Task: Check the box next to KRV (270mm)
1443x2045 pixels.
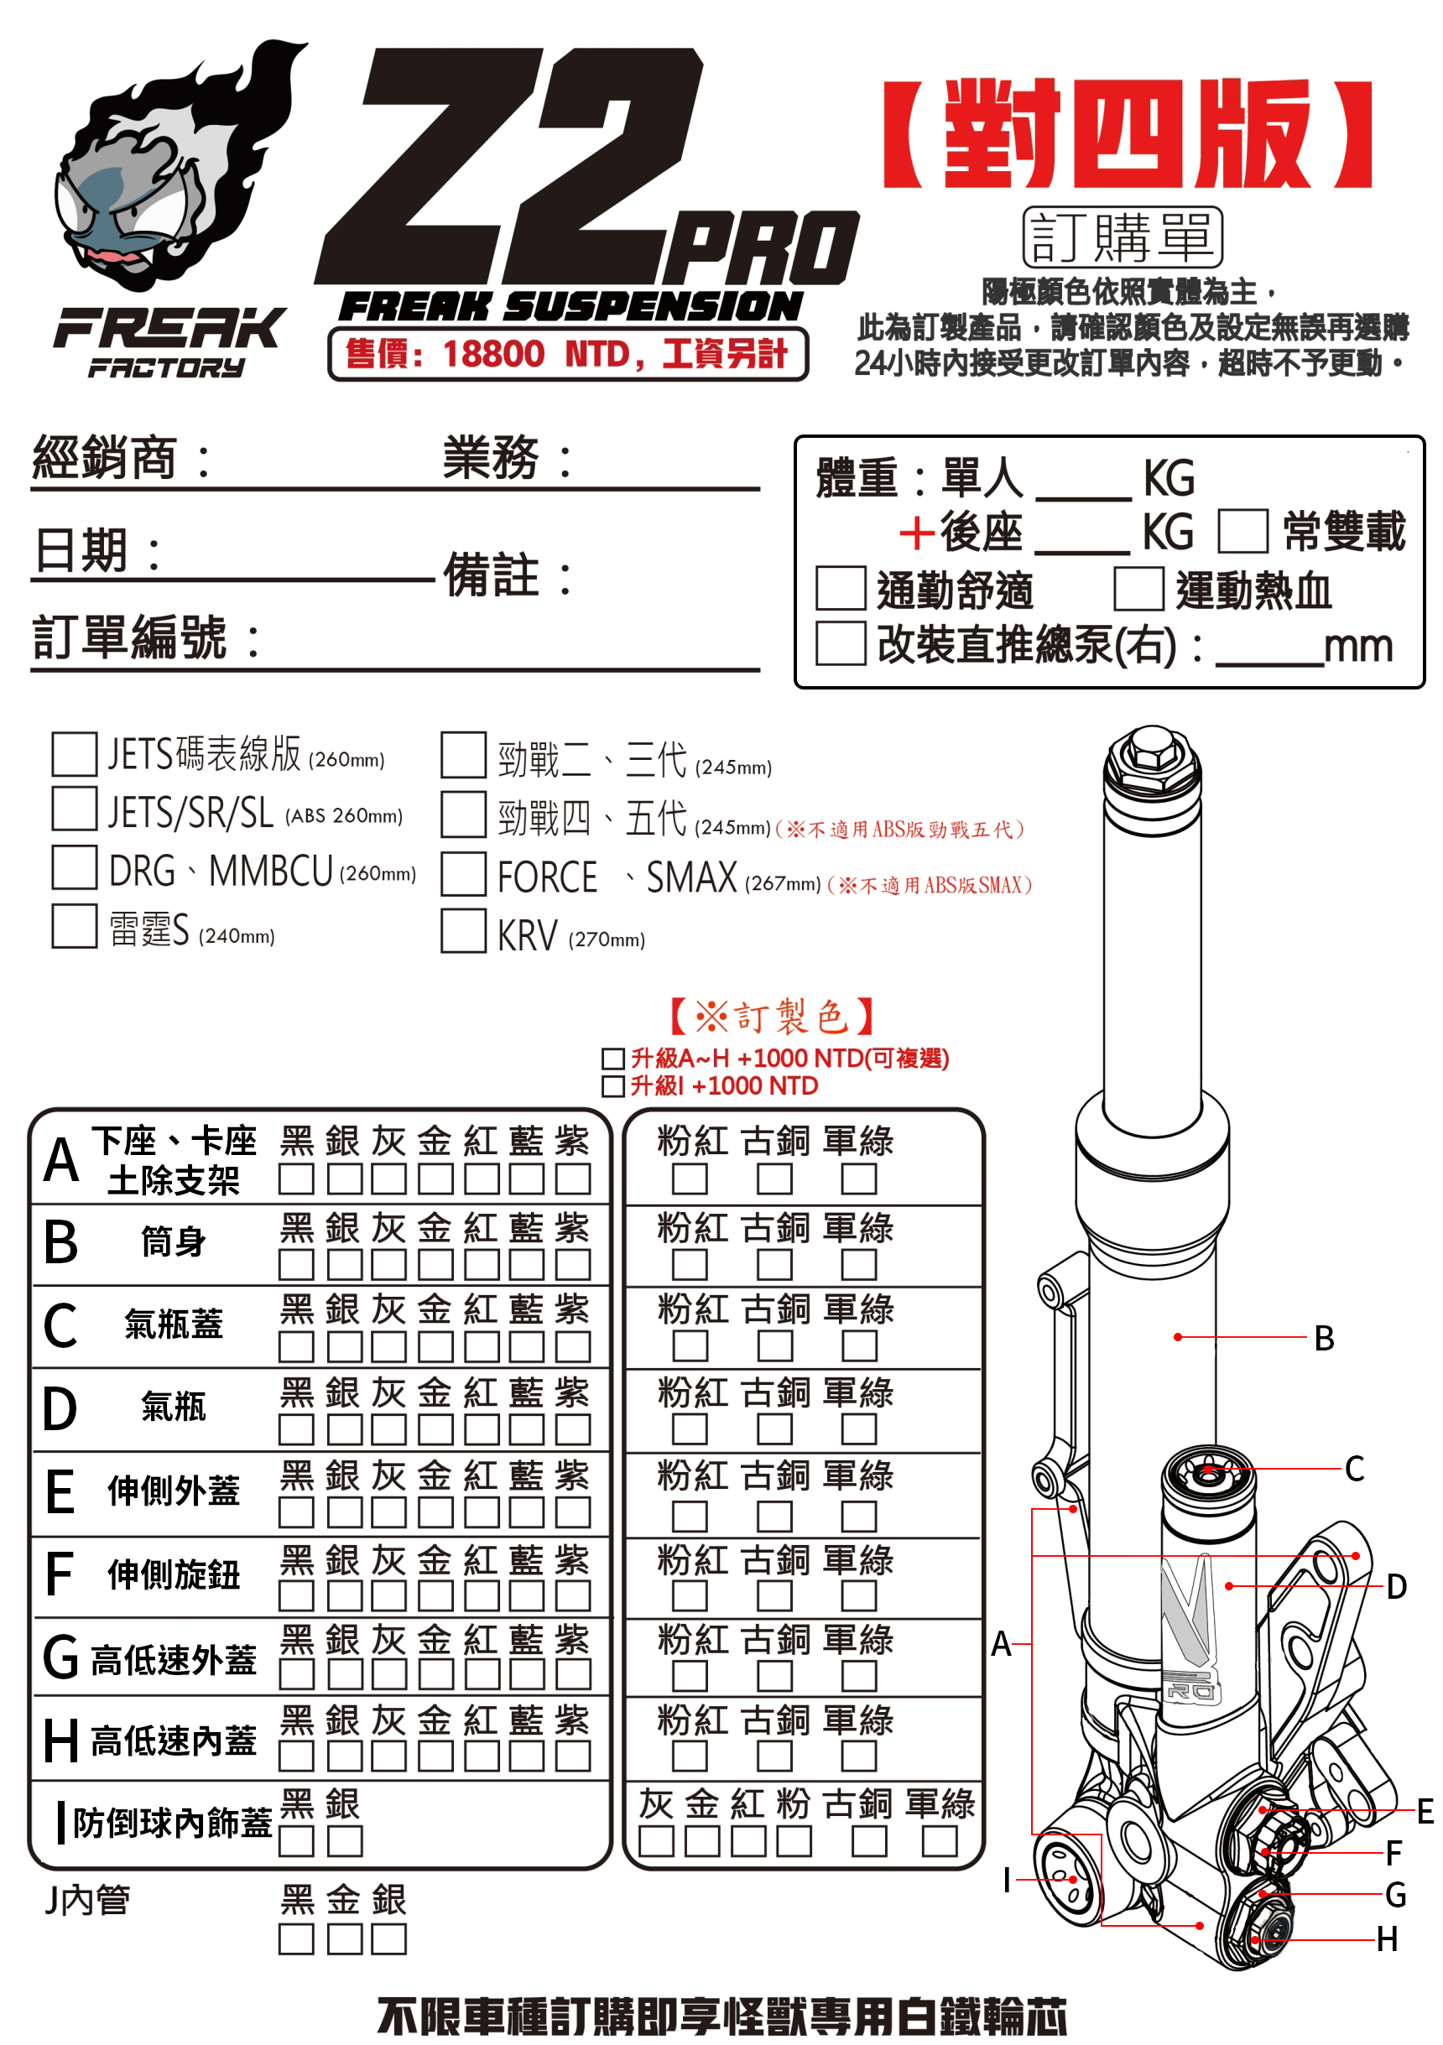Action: click(x=463, y=931)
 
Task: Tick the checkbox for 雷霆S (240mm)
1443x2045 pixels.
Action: click(x=75, y=926)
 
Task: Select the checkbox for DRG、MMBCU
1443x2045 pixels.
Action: click(x=75, y=867)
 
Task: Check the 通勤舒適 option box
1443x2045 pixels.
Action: click(x=841, y=589)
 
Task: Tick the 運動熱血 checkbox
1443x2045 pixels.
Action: click(x=1138, y=589)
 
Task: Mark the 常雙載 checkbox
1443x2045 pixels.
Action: click(x=1242, y=531)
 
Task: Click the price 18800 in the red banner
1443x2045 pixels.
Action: click(x=493, y=355)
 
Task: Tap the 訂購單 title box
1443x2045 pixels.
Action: click(x=1123, y=237)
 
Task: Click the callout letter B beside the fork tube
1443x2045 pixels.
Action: click(x=1324, y=1338)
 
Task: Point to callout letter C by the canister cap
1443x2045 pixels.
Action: click(x=1354, y=1469)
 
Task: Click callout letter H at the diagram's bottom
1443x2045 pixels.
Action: click(x=1387, y=1939)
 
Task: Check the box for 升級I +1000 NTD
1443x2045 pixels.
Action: click(x=612, y=1085)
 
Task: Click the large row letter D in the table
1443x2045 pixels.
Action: click(x=60, y=1410)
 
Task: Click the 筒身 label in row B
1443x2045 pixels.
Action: click(x=174, y=1241)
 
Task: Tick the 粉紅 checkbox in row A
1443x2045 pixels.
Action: click(x=690, y=1179)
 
